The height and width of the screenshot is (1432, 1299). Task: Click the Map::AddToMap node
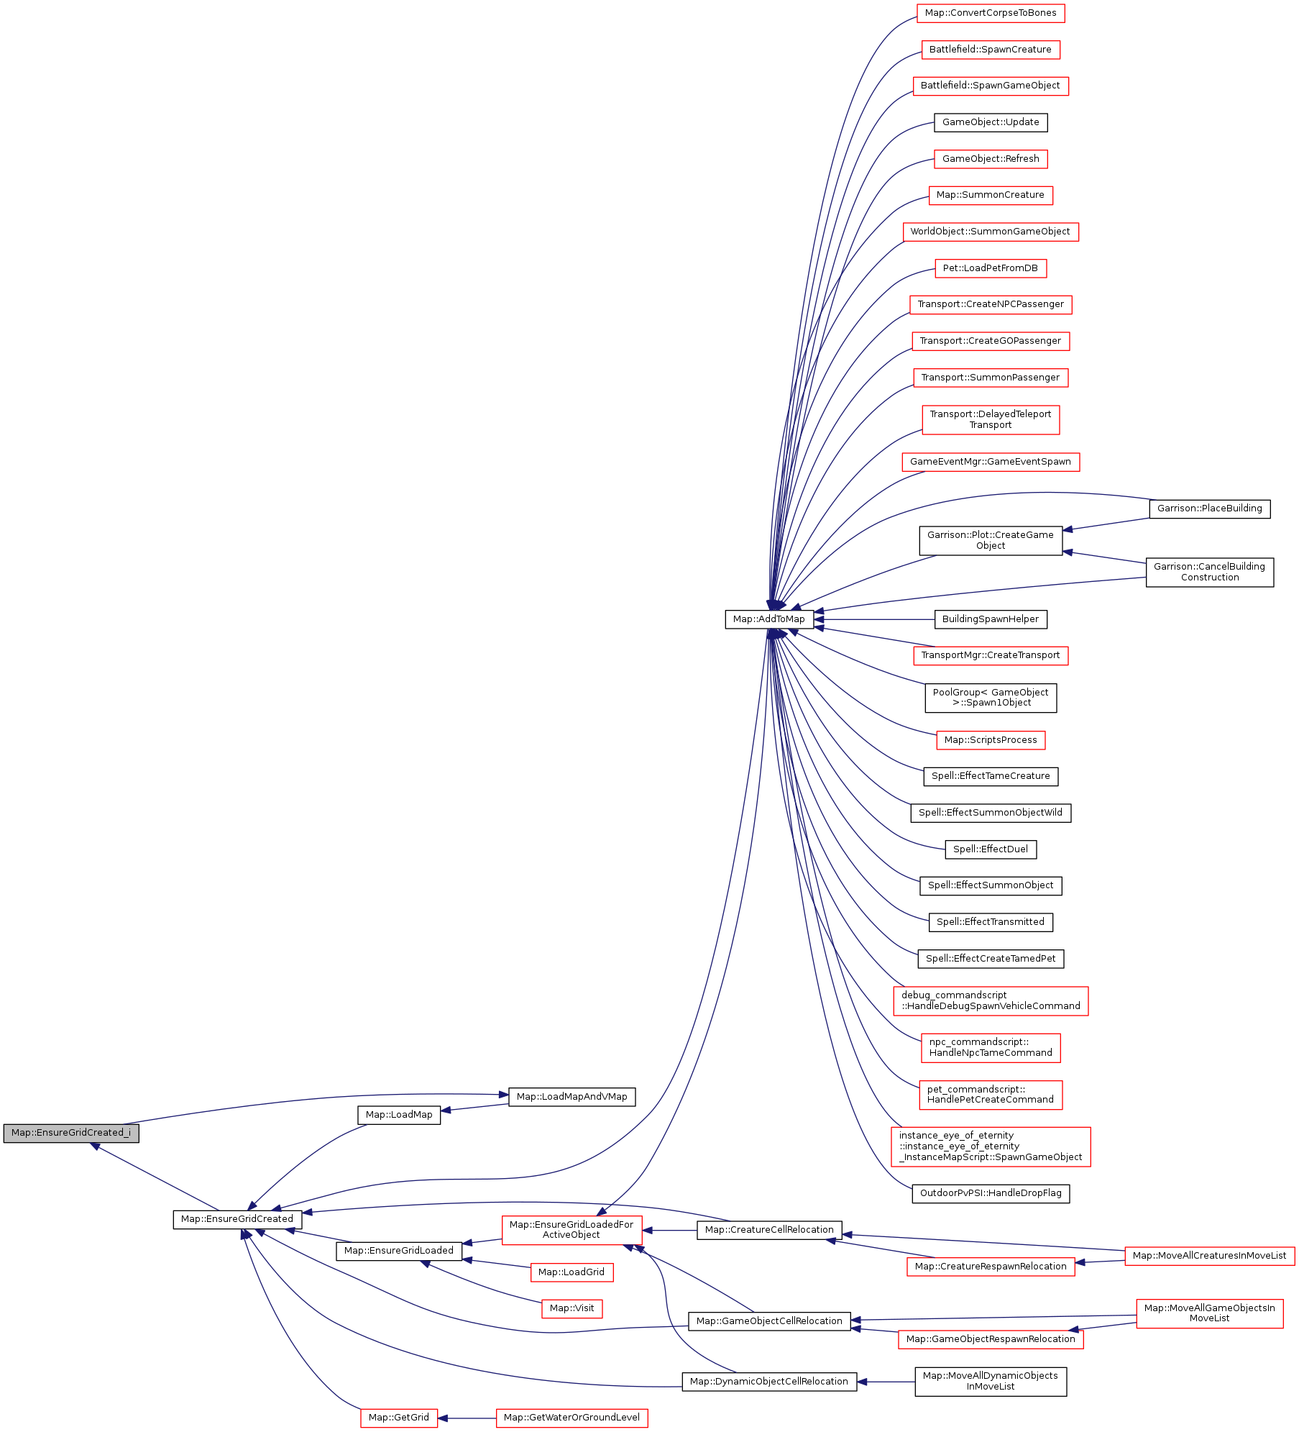click(x=768, y=619)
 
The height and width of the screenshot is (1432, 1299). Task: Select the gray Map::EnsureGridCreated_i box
click(x=70, y=1133)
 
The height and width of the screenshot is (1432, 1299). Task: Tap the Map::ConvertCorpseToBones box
click(x=990, y=13)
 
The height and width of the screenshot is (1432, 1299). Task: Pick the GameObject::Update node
click(x=990, y=122)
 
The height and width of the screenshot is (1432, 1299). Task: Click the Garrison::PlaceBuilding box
click(x=1209, y=509)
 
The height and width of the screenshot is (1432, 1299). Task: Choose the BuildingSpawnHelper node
click(x=990, y=619)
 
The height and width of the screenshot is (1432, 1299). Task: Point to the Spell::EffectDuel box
click(x=990, y=849)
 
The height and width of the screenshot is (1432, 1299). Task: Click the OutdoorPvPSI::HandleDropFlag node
click(x=990, y=1193)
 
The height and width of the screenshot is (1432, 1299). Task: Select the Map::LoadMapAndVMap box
click(x=572, y=1097)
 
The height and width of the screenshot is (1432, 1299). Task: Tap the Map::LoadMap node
click(x=399, y=1115)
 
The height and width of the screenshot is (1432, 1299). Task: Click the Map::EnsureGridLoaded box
click(x=398, y=1251)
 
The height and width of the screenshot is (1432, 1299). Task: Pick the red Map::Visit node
click(x=572, y=1308)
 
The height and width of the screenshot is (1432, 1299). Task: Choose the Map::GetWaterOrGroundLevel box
click(x=572, y=1418)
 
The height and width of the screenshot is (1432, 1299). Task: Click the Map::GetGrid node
click(x=398, y=1418)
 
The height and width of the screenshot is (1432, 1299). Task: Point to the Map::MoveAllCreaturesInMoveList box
click(x=1209, y=1256)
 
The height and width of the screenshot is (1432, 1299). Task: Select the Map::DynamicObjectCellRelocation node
click(x=768, y=1382)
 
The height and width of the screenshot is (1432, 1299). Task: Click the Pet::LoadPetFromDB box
click(x=990, y=268)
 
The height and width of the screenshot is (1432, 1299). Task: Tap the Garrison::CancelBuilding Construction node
click(x=1209, y=572)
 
